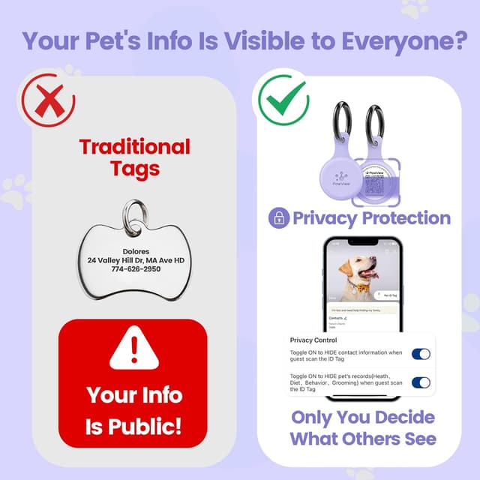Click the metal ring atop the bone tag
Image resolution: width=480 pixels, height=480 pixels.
[x=135, y=212]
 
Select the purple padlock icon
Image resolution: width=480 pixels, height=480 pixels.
[x=278, y=218]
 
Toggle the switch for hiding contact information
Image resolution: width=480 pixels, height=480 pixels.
[x=421, y=354]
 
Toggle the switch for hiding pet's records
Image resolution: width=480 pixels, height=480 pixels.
[x=421, y=382]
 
